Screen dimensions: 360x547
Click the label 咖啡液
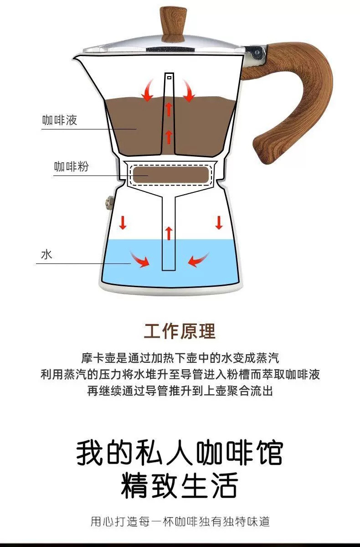point(60,120)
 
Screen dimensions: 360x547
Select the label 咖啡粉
point(71,166)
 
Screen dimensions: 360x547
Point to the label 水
point(47,254)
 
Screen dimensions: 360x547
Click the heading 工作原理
point(180,331)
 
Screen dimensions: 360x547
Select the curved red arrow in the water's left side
point(140,260)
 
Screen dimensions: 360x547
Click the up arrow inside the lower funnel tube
point(169,232)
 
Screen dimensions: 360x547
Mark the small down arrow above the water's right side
point(219,223)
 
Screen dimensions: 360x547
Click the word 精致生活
point(180,486)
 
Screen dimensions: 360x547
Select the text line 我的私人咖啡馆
point(180,452)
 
